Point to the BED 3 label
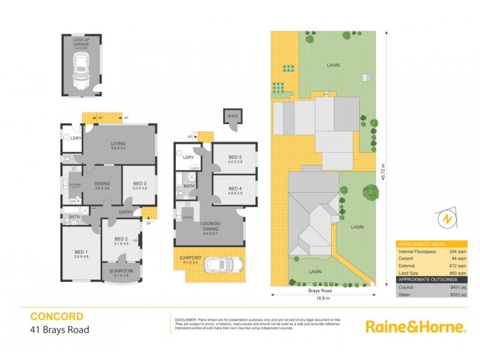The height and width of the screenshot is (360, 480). (140, 183)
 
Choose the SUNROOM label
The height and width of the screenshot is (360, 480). (122, 271)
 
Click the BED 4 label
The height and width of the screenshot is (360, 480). (235, 189)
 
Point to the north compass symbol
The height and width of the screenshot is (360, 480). (445, 219)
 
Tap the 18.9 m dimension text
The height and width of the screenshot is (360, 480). (324, 297)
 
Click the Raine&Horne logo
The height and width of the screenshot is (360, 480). (416, 327)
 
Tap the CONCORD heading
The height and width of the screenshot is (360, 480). (57, 316)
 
